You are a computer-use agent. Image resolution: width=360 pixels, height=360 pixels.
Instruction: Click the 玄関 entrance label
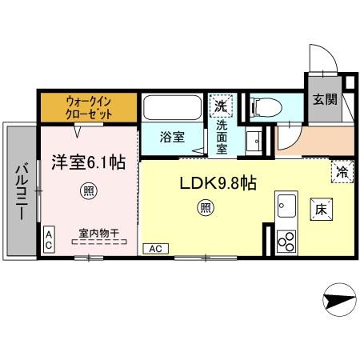(x=324, y=100)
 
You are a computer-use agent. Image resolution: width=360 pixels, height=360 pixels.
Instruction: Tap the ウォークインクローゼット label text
(x=88, y=108)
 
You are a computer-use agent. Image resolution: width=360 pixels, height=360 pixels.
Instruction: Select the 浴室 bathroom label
(x=172, y=136)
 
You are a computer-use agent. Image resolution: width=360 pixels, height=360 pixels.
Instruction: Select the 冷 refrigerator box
(x=342, y=170)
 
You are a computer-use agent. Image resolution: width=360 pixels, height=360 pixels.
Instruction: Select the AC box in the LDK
(x=154, y=248)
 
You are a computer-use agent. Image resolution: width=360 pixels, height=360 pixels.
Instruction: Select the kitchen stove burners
(x=285, y=241)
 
